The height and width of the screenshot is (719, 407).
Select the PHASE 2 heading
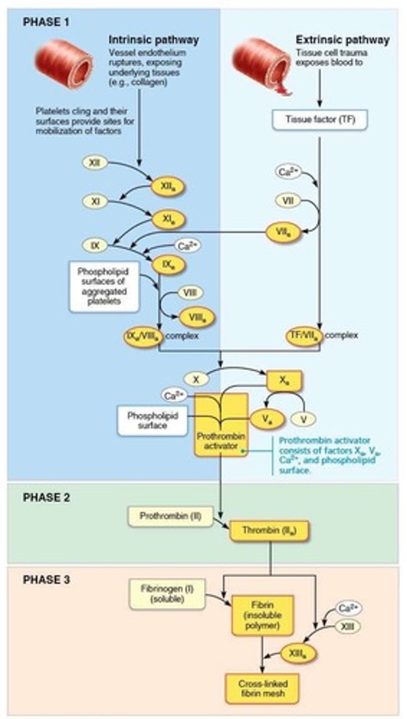point(46,497)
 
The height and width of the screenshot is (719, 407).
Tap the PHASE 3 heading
point(46,579)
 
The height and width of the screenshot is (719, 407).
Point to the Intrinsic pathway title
point(153,40)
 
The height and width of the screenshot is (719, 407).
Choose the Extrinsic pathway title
point(342,40)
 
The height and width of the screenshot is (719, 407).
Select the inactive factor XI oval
point(95,203)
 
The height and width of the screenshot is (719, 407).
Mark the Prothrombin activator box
point(221,424)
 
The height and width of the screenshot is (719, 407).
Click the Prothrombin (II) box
point(170,515)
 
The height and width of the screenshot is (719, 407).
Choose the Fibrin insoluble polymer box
point(263,615)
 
